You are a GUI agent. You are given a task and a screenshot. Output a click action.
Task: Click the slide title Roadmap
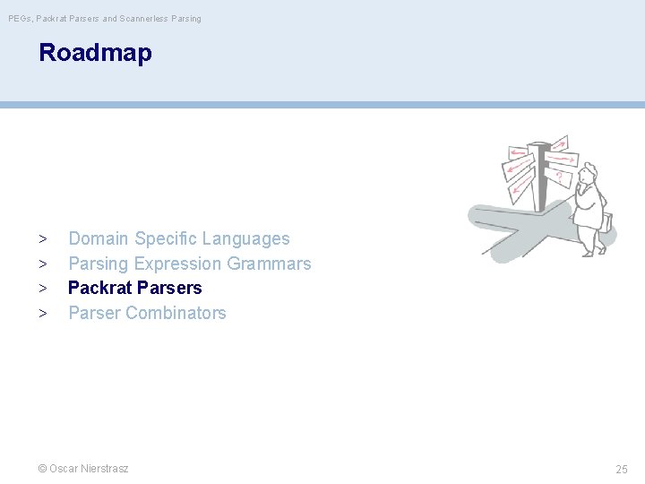(95, 53)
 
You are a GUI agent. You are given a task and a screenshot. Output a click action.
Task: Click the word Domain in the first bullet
(99, 238)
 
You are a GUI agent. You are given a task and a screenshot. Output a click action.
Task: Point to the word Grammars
(269, 264)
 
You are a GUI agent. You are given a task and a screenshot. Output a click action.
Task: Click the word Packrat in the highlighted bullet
(100, 288)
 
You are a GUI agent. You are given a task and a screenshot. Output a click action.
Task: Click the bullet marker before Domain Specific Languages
(42, 239)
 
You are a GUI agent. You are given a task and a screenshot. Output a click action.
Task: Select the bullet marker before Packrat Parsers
(42, 289)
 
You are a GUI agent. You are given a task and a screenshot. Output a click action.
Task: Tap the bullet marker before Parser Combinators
(42, 314)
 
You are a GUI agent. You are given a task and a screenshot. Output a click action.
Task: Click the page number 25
(622, 469)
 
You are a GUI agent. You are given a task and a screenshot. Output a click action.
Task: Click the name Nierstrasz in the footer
(104, 468)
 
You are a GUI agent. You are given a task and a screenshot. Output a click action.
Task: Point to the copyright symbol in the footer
(42, 468)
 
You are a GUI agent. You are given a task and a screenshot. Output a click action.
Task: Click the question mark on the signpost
(558, 177)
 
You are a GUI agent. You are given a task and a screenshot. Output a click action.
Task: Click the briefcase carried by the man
(608, 221)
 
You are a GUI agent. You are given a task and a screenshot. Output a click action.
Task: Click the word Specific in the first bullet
(166, 238)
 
